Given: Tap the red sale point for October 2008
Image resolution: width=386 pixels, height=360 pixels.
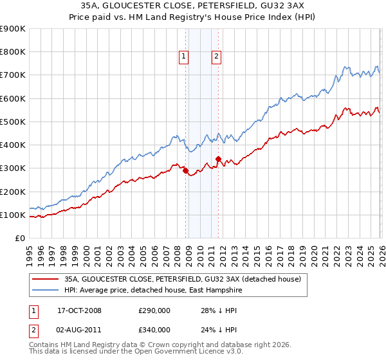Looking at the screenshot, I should point(186,171).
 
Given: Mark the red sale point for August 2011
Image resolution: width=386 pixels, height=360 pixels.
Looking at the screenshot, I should point(218,159).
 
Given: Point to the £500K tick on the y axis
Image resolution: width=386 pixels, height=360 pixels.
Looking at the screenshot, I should point(14,122).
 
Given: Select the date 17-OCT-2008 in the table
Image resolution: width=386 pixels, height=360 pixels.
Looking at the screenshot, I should point(79,310).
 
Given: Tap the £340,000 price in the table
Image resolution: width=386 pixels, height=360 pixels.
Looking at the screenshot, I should point(154,330).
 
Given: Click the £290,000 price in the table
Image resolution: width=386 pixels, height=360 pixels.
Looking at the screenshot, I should point(154,310).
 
